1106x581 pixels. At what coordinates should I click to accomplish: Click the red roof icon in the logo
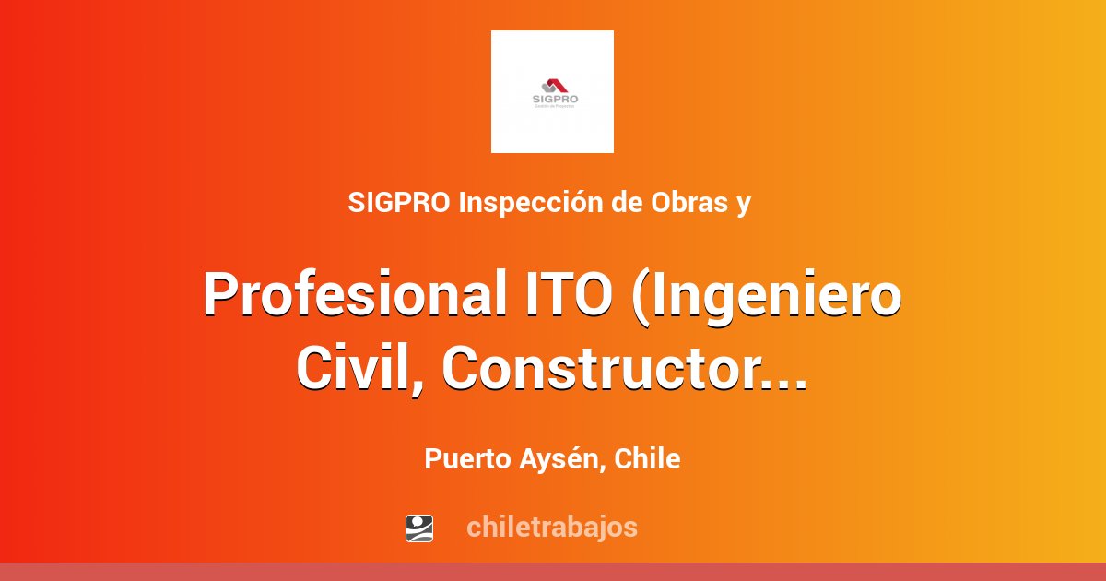[x=554, y=85]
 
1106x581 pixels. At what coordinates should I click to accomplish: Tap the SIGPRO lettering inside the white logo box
[x=553, y=99]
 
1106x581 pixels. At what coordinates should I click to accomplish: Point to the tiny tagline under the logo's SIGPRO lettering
[x=553, y=107]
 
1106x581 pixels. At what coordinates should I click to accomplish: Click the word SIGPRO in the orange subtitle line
[x=400, y=204]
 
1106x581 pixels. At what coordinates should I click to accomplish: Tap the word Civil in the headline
[x=354, y=369]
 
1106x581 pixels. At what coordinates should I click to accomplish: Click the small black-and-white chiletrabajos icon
[x=419, y=528]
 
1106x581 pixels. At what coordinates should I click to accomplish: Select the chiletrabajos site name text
[x=551, y=528]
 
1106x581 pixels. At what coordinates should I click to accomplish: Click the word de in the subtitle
[x=628, y=204]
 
